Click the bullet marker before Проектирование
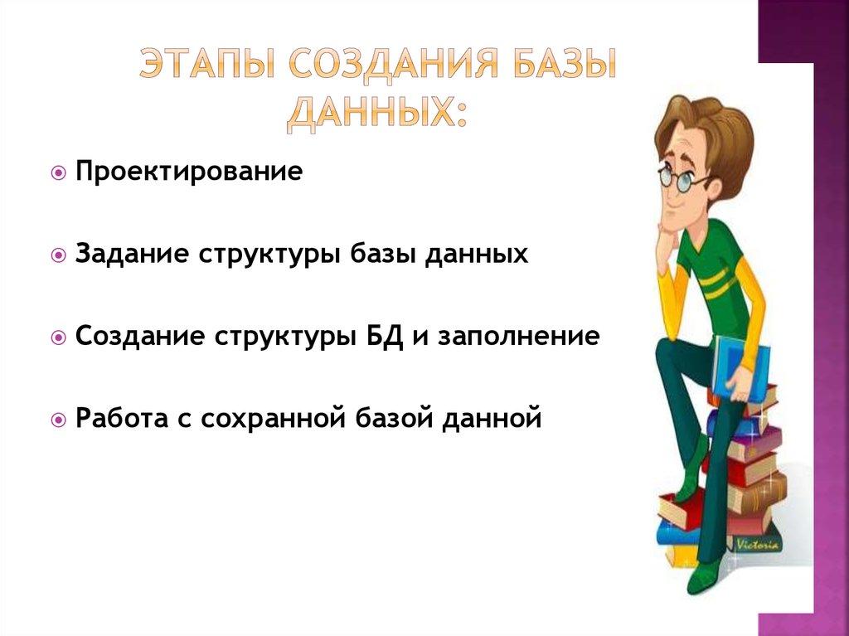pos(58,174)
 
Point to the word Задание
pos(132,254)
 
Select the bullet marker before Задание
pos(58,255)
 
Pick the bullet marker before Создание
pos(58,337)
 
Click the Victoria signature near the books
pos(756,545)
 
